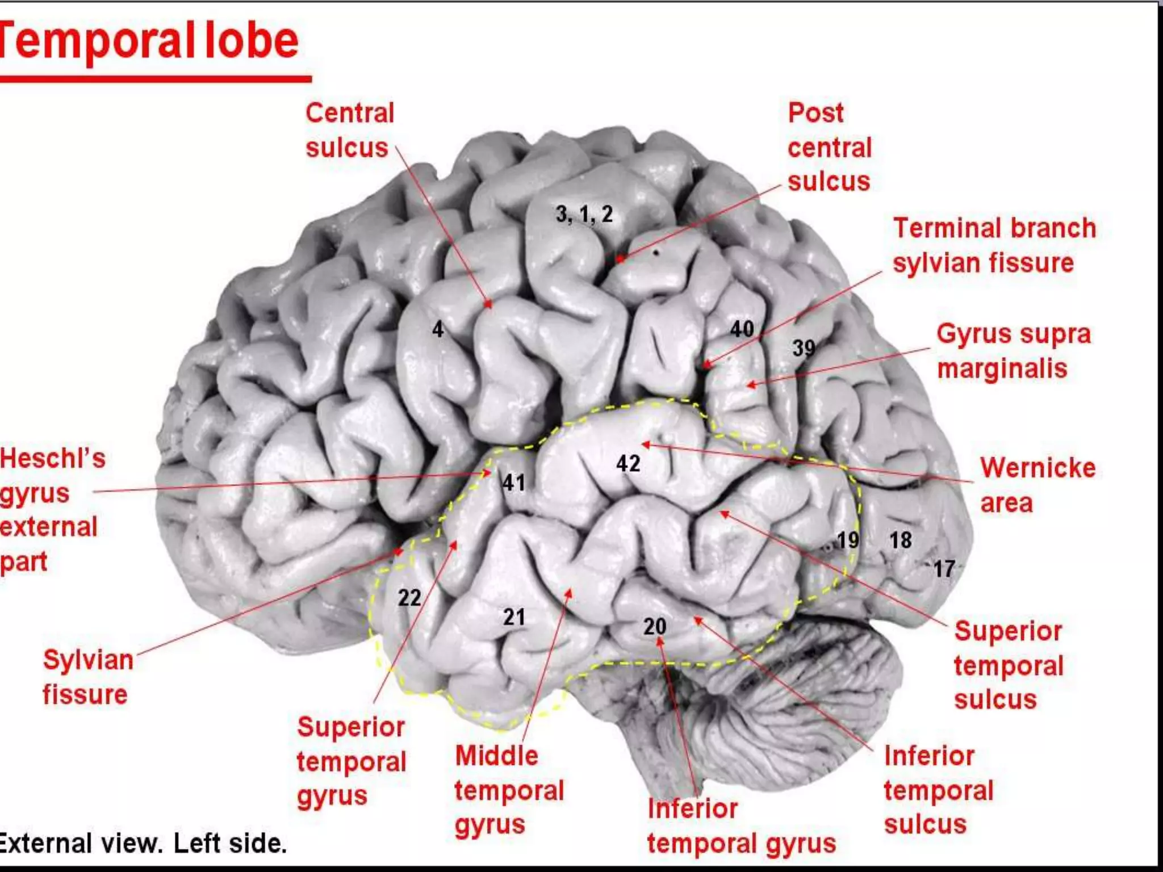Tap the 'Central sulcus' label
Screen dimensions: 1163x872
(x=349, y=130)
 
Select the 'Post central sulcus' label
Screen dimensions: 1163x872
(x=829, y=147)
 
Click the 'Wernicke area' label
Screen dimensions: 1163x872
(x=1038, y=485)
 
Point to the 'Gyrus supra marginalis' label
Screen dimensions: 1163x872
(x=1013, y=350)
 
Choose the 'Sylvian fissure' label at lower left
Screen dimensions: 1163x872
(x=87, y=677)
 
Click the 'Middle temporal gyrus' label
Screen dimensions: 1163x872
(x=509, y=790)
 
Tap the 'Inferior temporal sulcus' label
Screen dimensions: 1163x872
(x=938, y=790)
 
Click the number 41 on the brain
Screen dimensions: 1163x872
(x=514, y=483)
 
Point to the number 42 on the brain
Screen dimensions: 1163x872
(x=628, y=463)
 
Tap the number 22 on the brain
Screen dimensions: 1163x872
(x=409, y=597)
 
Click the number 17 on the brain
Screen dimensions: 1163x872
(x=944, y=568)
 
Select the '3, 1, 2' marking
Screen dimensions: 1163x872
(x=584, y=214)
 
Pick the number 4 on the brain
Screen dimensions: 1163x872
(x=437, y=329)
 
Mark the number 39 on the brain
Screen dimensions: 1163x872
(x=804, y=347)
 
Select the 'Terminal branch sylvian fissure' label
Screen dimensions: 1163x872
(x=994, y=245)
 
